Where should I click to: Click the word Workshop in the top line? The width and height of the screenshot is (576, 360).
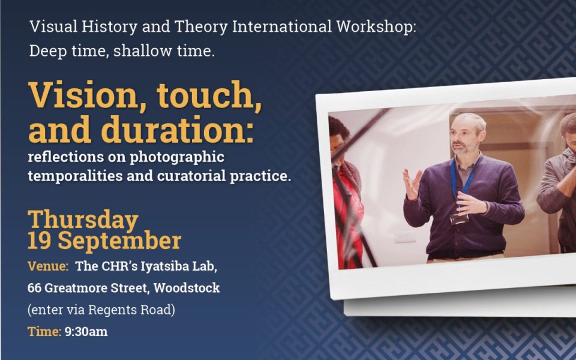376,27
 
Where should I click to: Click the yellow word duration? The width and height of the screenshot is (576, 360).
178,130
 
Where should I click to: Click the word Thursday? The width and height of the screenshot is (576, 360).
83,220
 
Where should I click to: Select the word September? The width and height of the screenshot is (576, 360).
119,242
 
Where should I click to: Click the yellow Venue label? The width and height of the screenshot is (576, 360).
48,266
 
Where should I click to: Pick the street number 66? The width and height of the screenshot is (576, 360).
34,288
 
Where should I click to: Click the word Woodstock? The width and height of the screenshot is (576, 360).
187,287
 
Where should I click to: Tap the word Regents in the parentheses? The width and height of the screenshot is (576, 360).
112,310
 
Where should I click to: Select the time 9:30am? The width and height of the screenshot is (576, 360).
86,332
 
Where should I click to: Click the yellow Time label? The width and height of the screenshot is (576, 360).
44,332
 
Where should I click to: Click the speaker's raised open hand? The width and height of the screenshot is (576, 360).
413,183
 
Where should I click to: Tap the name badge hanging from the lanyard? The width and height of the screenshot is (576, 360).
459,219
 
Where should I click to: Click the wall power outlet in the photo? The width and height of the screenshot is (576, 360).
406,237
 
